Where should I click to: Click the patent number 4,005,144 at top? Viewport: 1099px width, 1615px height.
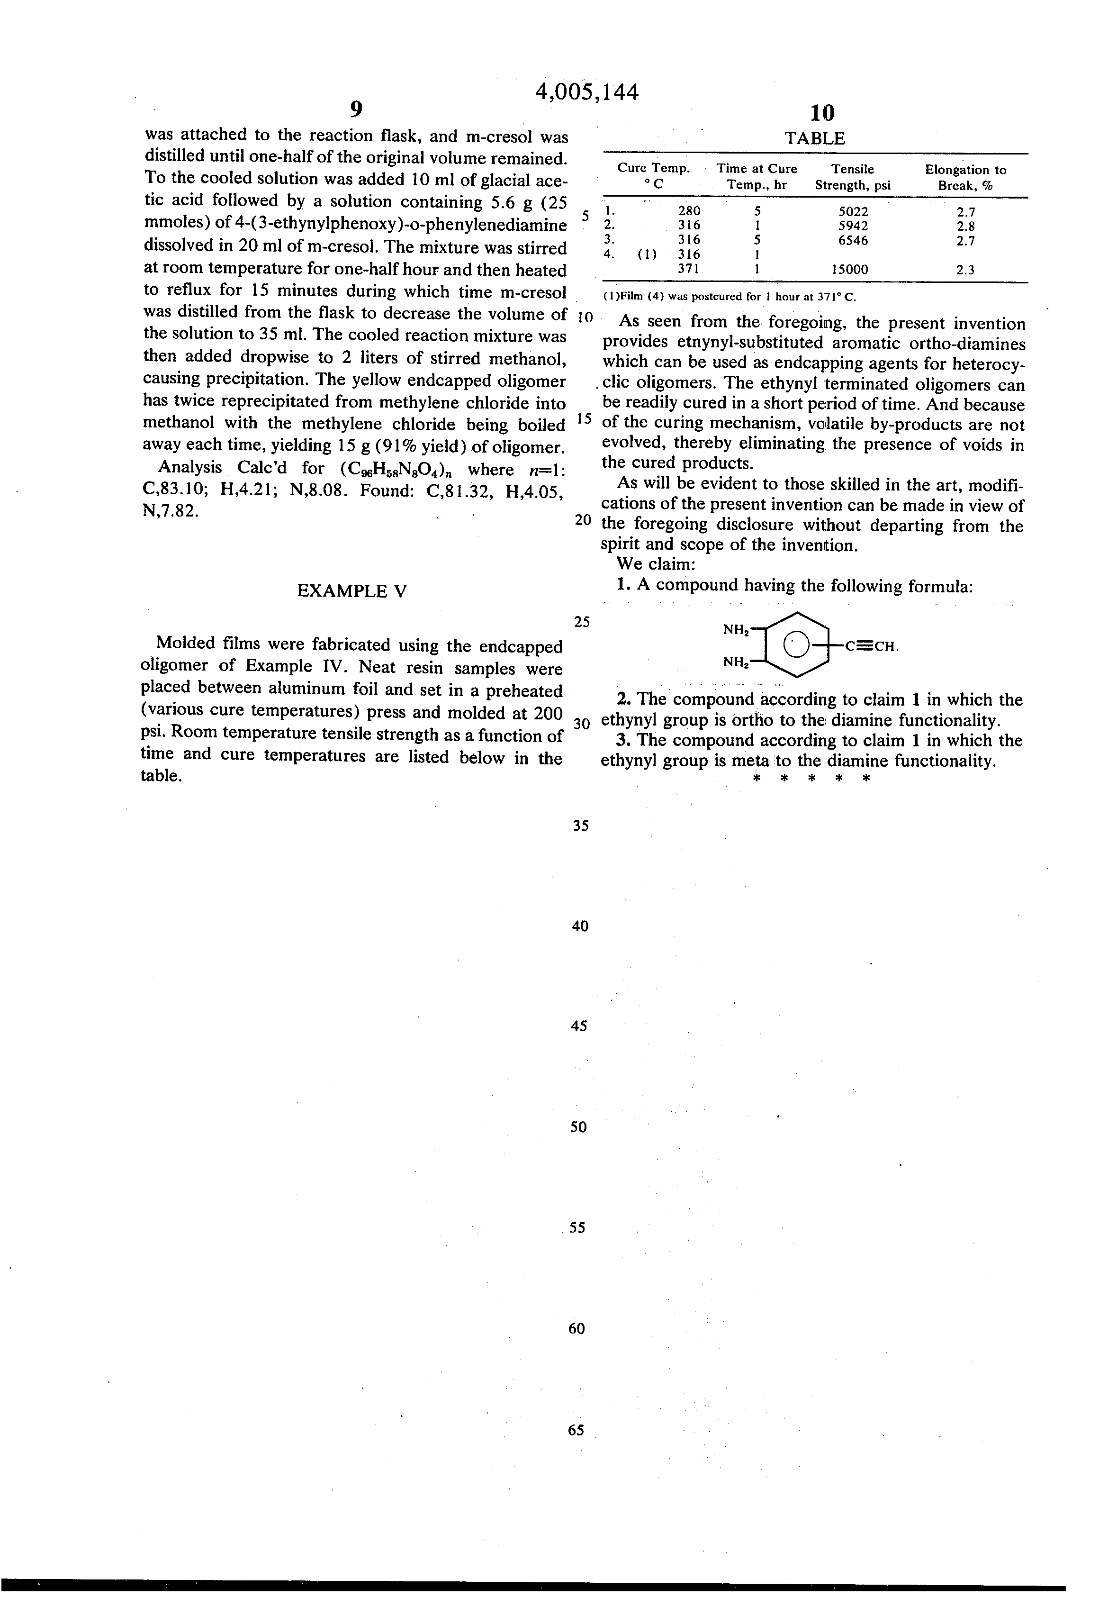pos(587,92)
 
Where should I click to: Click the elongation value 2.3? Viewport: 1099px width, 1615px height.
pos(965,270)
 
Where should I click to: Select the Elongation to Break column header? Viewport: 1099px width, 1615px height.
pos(965,177)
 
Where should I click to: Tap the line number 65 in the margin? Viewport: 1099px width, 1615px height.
pos(576,1429)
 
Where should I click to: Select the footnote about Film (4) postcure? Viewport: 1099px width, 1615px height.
pos(730,297)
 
